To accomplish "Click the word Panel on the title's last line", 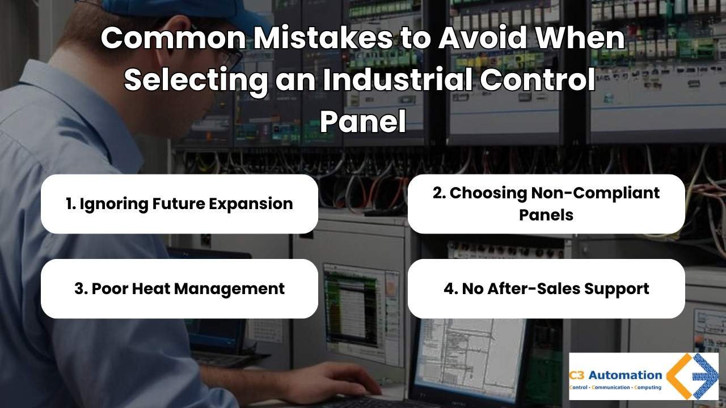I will tap(363, 121).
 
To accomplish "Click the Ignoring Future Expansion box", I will tap(179, 204).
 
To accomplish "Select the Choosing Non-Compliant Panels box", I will tap(546, 204).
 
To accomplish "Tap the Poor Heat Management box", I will tap(179, 288).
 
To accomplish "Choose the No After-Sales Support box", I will tap(546, 288).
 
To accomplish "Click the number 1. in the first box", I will tap(71, 204).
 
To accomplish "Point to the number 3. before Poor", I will tap(81, 288).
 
